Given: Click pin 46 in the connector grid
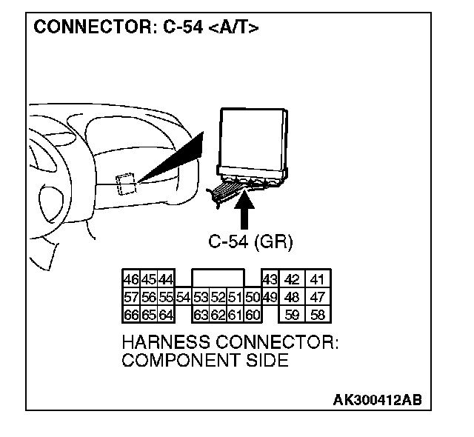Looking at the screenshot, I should coord(130,279).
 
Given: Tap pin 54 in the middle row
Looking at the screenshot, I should coord(183,297).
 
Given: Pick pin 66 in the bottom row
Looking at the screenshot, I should coord(130,315).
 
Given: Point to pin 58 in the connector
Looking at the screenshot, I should coord(318,315).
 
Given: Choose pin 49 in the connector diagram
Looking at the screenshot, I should coord(269,297).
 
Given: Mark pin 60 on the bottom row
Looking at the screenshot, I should coord(253,315).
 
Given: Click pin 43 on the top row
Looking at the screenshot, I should coord(269,279).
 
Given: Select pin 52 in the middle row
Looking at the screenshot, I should coord(217,297).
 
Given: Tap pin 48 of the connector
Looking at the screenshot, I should coord(293,297).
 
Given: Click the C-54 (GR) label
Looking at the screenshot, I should coord(250,242).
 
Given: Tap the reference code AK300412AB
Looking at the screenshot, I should coord(377,400).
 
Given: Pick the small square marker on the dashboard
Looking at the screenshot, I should coord(125,182).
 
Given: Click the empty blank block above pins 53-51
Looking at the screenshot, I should coord(217,278).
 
